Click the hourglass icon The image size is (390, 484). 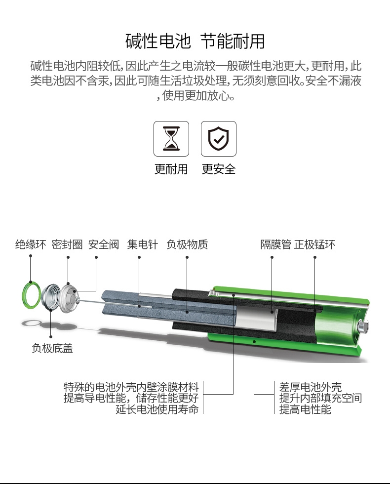click(x=171, y=139)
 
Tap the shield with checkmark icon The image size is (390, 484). click(x=218, y=139)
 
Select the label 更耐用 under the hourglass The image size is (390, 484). click(x=171, y=169)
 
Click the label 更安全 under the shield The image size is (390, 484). click(x=219, y=169)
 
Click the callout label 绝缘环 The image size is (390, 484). click(x=31, y=244)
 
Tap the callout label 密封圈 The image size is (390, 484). click(x=67, y=244)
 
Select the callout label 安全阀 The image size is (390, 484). click(x=104, y=244)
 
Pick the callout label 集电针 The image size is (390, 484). click(x=143, y=244)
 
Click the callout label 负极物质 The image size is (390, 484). click(x=187, y=244)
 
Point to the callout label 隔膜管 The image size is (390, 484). click(x=275, y=244)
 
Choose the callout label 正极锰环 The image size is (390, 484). click(x=315, y=244)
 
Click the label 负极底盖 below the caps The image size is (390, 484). click(x=52, y=348)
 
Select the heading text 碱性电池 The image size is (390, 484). click(x=158, y=41)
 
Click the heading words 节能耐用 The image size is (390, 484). click(x=233, y=41)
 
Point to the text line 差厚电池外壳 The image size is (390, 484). click(x=311, y=387)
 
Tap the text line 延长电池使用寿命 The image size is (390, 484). click(x=157, y=409)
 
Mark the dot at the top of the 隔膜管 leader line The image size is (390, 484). click(x=272, y=257)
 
